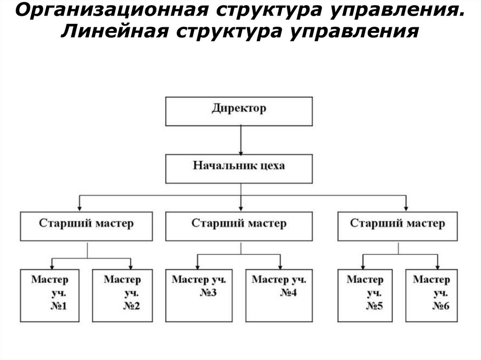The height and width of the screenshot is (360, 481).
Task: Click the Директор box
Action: click(239, 111)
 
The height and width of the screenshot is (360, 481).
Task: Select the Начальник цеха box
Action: click(239, 169)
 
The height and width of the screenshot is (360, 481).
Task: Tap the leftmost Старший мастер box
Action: click(86, 226)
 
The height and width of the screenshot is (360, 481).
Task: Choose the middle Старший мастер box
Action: click(239, 226)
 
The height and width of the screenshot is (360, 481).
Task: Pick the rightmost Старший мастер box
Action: click(397, 226)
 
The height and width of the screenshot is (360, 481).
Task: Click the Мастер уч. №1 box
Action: click(50, 295)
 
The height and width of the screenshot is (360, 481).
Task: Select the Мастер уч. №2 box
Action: click(122, 295)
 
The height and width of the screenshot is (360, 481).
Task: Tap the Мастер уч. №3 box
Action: click(198, 295)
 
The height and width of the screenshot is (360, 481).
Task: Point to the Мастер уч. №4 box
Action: click(279, 295)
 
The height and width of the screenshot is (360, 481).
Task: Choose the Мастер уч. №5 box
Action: click(365, 295)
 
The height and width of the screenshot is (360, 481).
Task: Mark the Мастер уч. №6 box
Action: click(431, 295)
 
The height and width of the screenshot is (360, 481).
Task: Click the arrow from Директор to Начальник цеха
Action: click(240, 141)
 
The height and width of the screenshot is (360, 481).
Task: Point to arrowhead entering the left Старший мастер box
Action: click(80, 207)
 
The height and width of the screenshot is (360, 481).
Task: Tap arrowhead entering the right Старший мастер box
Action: click(406, 207)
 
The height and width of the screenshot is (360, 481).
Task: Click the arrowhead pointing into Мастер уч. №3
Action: click(197, 265)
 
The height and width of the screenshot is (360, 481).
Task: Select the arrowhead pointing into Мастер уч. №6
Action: click(437, 265)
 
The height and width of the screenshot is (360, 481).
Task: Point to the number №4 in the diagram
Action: click(289, 293)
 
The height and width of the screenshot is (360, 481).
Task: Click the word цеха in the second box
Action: click(272, 166)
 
